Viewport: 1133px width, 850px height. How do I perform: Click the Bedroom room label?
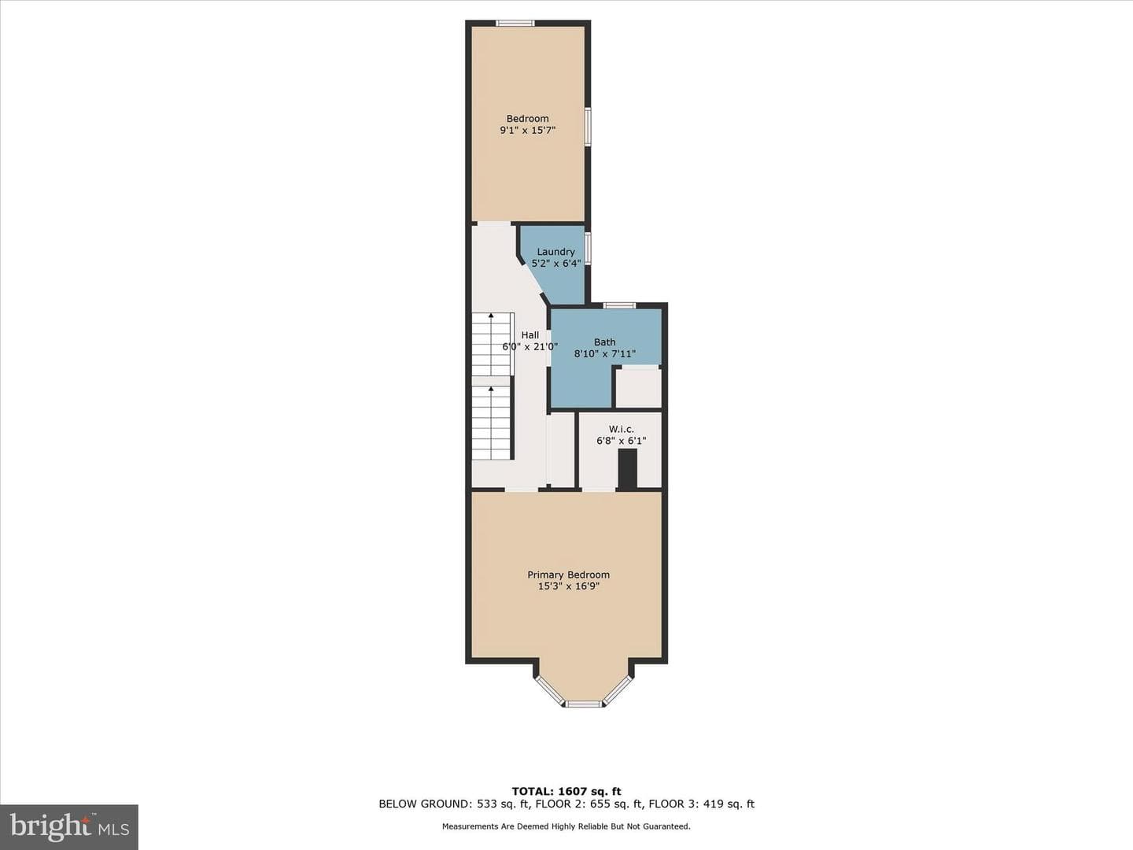coord(527,119)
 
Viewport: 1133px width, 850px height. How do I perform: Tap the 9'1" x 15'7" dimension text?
coord(527,131)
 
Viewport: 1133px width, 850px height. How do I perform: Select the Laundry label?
coord(555,252)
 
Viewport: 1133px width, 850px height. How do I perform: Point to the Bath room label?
coord(604,342)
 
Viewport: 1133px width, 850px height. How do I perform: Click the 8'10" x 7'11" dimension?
coord(604,354)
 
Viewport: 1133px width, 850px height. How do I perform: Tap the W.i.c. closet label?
coord(621,429)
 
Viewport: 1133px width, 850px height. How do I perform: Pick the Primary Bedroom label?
coord(568,575)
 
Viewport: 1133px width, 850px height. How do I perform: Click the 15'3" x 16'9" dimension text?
coord(568,587)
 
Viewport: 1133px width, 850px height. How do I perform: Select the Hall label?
coord(530,335)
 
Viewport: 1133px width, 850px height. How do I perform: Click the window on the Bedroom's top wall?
coord(515,23)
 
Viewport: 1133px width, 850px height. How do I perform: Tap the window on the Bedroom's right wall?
coord(588,127)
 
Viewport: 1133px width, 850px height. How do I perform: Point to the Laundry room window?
coord(588,249)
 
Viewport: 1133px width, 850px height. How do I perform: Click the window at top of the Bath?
coord(621,305)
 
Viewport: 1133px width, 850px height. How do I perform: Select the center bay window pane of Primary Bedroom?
coord(584,704)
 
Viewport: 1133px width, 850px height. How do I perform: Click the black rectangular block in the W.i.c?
coord(628,469)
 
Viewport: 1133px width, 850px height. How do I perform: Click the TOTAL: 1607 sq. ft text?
coord(566,806)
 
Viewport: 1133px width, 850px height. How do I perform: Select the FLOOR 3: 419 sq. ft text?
coord(702,818)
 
